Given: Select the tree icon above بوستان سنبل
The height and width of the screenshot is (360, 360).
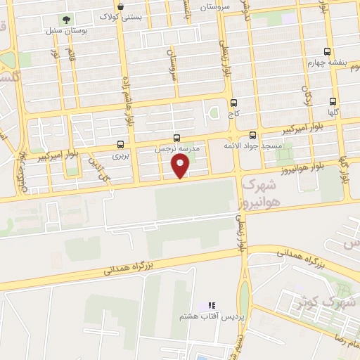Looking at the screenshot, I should coord(66,20).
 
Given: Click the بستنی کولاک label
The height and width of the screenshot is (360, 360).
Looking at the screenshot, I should coord(121,15).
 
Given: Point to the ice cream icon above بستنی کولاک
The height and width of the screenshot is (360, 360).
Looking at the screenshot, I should coord(121,6).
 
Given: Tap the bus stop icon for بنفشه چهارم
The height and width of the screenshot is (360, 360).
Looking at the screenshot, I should coord(327,51).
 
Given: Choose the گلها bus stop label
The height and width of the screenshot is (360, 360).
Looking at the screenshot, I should coord(333,112).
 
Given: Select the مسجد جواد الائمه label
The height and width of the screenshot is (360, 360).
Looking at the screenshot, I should coord(252,146).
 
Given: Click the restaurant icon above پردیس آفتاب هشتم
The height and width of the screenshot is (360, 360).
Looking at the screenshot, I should coord(211,305).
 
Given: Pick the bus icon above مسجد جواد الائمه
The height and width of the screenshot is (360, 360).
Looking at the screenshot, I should coord(252,135).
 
